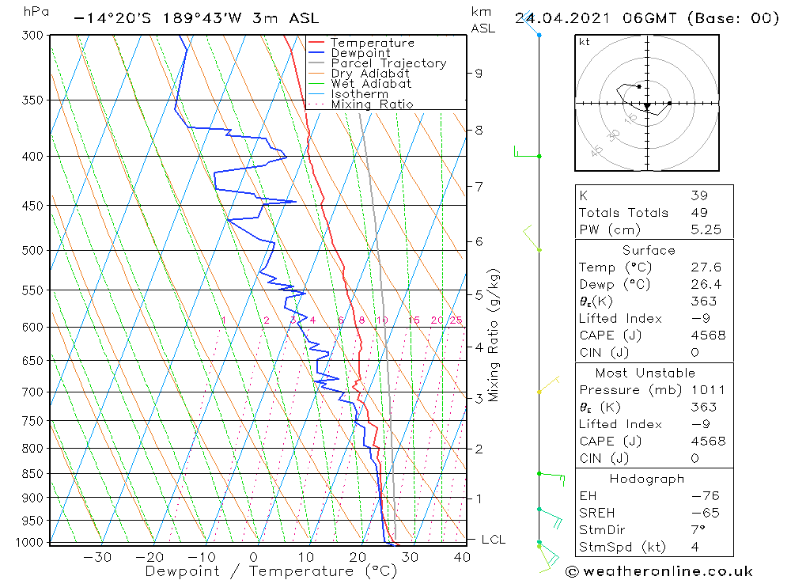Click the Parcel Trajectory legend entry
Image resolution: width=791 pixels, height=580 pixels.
pyautogui.click(x=388, y=63)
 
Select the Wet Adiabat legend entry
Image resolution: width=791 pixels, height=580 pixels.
pyautogui.click(x=371, y=84)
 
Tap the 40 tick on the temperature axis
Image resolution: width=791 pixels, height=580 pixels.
pyautogui.click(x=462, y=557)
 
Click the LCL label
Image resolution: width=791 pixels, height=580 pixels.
pyautogui.click(x=494, y=540)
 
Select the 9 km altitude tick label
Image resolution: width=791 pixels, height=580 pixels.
pyautogui.click(x=479, y=73)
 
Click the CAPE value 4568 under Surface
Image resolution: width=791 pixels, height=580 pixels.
pyautogui.click(x=706, y=335)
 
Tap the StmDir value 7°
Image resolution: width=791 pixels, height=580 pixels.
pyautogui.click(x=698, y=530)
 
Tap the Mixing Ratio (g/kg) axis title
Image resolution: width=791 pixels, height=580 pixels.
pyautogui.click(x=494, y=334)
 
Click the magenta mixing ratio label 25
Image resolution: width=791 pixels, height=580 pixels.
pyautogui.click(x=456, y=320)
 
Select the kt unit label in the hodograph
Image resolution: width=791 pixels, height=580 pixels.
pyautogui.click(x=584, y=42)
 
